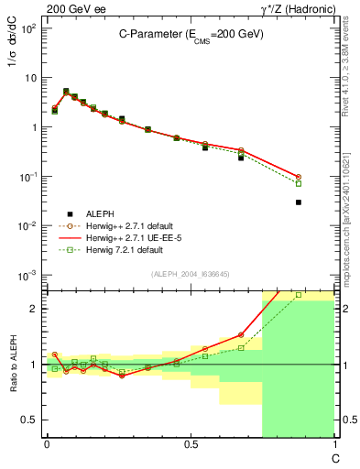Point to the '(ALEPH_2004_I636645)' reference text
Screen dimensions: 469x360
point(190,274)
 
